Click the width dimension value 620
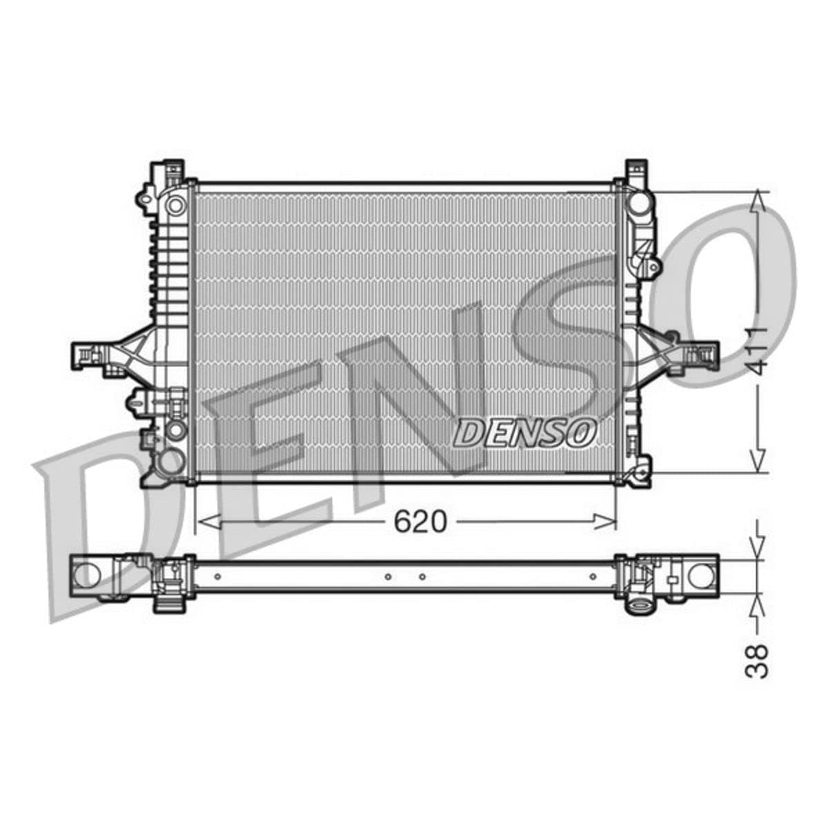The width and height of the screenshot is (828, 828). tap(420, 522)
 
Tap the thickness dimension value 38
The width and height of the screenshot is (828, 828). tap(758, 660)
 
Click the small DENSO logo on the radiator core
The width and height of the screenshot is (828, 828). tap(524, 433)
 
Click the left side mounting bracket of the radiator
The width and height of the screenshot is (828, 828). tap(103, 353)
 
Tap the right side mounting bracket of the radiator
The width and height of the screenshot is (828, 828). tap(690, 353)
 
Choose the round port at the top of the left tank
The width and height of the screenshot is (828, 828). tap(176, 204)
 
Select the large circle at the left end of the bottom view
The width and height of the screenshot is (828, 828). tap(87, 575)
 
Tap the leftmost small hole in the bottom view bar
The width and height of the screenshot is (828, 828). tap(217, 576)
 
